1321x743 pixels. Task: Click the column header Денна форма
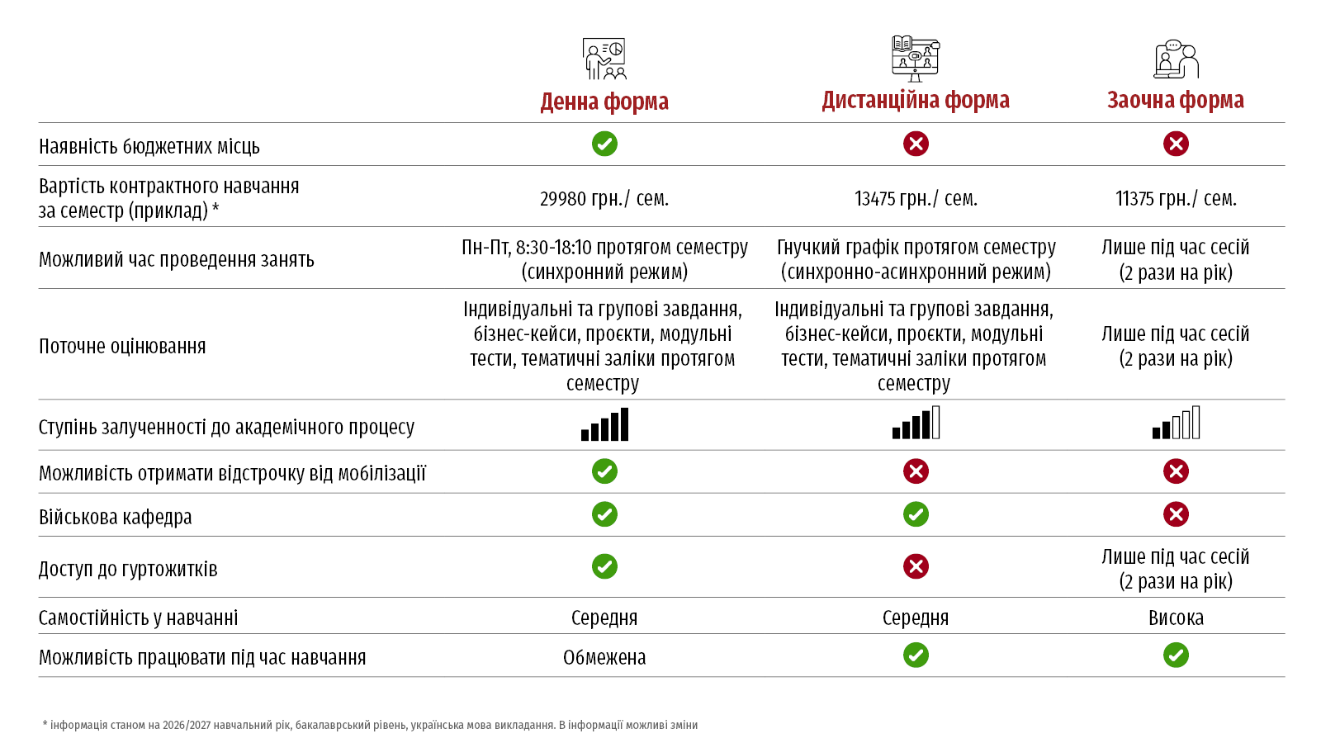click(x=604, y=102)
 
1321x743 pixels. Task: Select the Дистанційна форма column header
click(x=916, y=100)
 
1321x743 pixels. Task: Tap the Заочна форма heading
click(x=1176, y=100)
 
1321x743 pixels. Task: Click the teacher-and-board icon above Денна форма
click(x=604, y=59)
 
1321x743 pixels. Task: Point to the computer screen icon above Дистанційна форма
click(x=916, y=59)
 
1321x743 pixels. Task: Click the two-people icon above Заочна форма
click(x=1176, y=59)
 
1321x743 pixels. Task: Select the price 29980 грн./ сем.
click(x=604, y=199)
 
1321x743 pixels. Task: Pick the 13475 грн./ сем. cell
click(x=916, y=199)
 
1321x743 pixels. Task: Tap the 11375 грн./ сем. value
click(x=1176, y=199)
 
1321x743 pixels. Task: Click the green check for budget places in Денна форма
click(x=604, y=144)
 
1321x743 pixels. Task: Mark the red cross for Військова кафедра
click(x=1176, y=514)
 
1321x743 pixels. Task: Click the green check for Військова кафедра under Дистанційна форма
click(x=916, y=514)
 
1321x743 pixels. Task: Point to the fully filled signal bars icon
click(x=604, y=424)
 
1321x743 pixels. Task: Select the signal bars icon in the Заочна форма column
click(x=1176, y=422)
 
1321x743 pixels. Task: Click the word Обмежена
click(x=604, y=657)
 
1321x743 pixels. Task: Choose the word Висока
click(x=1176, y=618)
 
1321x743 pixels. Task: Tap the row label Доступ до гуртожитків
click(x=128, y=569)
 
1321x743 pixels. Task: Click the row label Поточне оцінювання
click(x=122, y=346)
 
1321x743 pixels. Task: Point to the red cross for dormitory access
click(x=916, y=566)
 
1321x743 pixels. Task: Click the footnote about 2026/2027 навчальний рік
click(x=371, y=725)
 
